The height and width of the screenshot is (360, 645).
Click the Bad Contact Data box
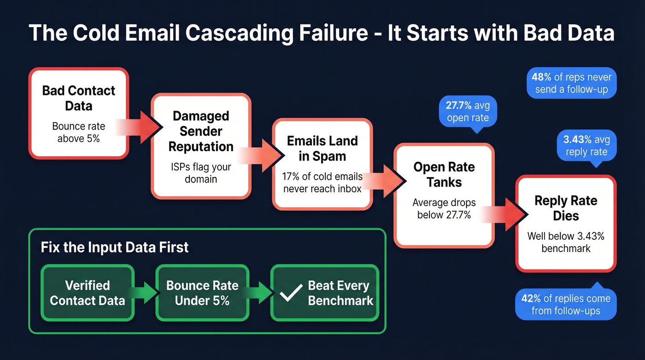[x=78, y=113]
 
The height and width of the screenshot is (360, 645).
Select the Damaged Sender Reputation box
[x=201, y=146]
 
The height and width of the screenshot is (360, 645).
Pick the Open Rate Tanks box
[x=444, y=195]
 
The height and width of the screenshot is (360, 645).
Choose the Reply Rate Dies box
[x=566, y=224]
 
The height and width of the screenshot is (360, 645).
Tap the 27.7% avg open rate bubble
[x=468, y=112]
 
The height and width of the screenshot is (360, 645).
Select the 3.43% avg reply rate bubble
[x=586, y=146]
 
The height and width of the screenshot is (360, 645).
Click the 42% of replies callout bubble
[x=565, y=304]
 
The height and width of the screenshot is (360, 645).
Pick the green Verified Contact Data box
[x=88, y=293]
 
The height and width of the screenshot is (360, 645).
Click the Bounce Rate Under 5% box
[x=202, y=293]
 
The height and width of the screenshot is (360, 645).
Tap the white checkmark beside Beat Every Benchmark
[x=291, y=293]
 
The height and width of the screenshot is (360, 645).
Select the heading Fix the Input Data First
[x=115, y=247]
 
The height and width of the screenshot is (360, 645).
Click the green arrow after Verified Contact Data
[x=145, y=293]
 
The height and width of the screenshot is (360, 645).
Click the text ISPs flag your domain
[x=201, y=173]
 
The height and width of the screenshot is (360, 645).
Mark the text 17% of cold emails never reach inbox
[x=322, y=183]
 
